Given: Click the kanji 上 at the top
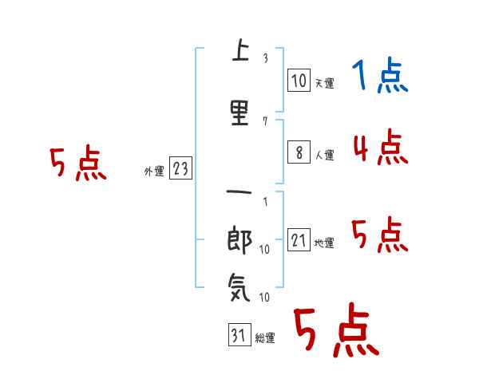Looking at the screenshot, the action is point(240,50).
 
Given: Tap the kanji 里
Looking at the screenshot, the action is point(239,113).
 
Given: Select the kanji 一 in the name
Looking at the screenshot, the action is point(239,192).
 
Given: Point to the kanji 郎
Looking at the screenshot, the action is point(239,240).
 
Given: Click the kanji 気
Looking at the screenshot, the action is point(239,287).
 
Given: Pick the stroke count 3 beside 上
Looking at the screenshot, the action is point(266,58).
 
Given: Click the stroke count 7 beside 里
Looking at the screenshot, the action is point(265,121).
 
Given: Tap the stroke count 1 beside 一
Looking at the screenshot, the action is point(266,202).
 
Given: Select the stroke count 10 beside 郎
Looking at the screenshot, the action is point(264,250).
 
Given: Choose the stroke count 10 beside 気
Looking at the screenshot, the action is point(264,297).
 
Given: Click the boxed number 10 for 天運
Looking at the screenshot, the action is point(299,80).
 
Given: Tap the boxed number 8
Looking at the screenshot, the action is point(299,152).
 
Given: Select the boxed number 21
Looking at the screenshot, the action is point(299,239).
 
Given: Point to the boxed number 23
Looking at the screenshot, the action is point(180,168).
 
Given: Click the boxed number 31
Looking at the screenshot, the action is point(239,334).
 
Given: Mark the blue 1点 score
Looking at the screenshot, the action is point(380,75).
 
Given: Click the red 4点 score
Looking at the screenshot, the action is point(381,147).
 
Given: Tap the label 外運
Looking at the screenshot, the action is point(154,172).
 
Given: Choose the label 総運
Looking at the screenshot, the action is point(265,338).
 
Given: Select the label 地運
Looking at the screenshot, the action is point(324,243).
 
